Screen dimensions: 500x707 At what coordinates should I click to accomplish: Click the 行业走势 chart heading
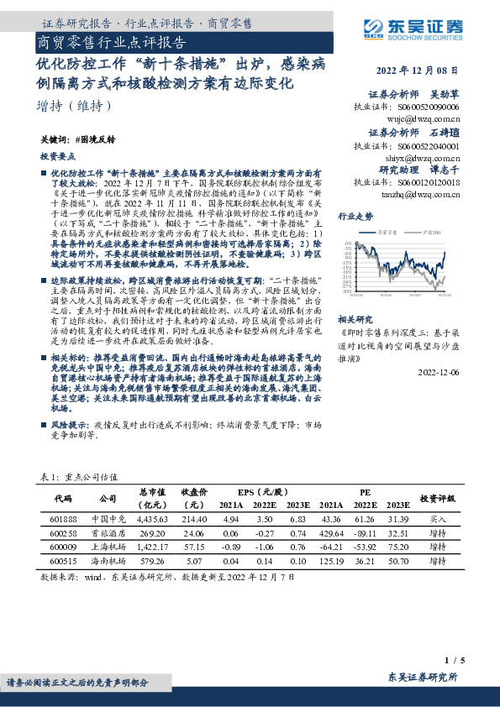tap(355, 216)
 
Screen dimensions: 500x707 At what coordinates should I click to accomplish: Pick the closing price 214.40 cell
tap(192, 521)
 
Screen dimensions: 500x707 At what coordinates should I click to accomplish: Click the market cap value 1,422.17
tap(153, 546)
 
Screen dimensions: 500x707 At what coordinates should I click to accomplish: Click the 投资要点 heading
tap(57, 157)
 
